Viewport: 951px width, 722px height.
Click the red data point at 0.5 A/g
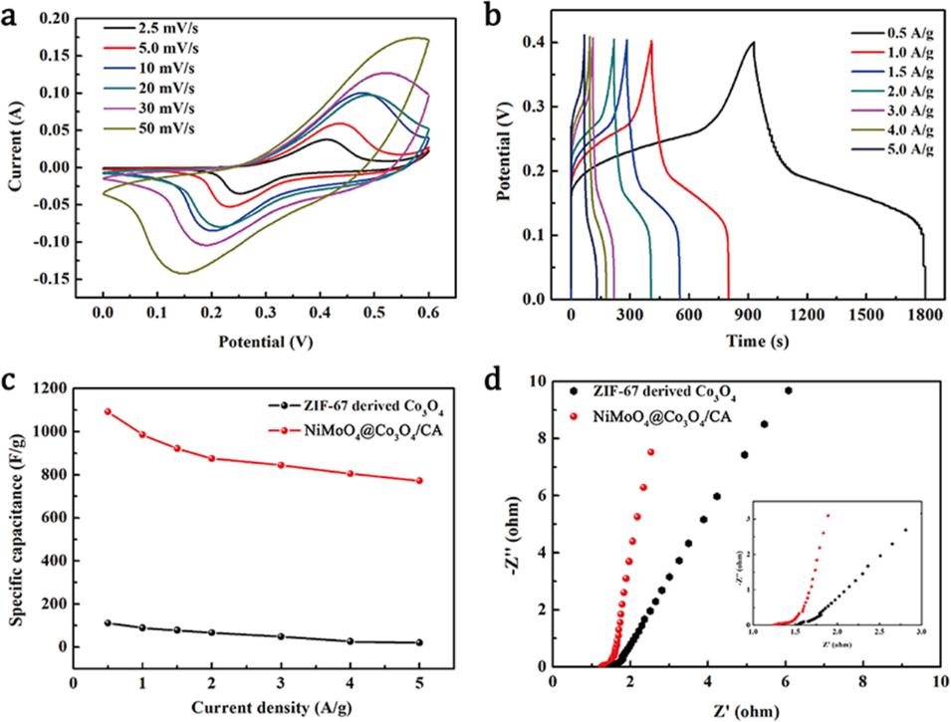pos(108,411)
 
